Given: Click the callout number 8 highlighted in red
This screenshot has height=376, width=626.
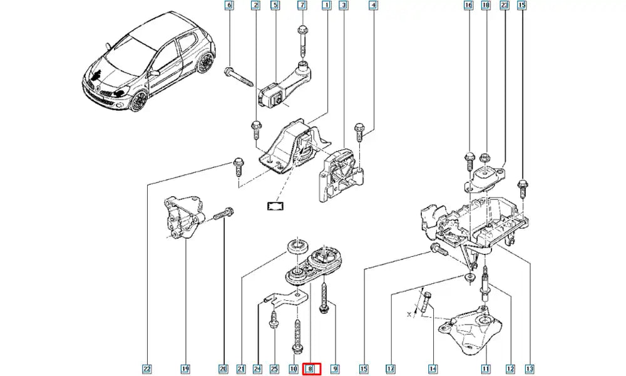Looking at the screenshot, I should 311,369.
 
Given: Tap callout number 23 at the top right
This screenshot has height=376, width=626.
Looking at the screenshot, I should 505,6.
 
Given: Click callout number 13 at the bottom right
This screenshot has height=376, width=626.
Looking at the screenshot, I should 530,369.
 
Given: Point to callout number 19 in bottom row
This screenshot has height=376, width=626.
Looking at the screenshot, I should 186,369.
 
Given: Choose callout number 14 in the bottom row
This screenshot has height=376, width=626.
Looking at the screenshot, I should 433,369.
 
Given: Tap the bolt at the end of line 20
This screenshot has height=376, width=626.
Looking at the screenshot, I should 223,215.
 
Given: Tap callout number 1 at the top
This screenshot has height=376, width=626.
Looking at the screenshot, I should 326,6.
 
